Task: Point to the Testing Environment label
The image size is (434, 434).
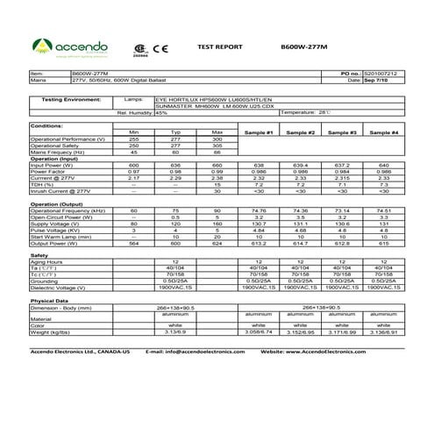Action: [60, 101]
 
